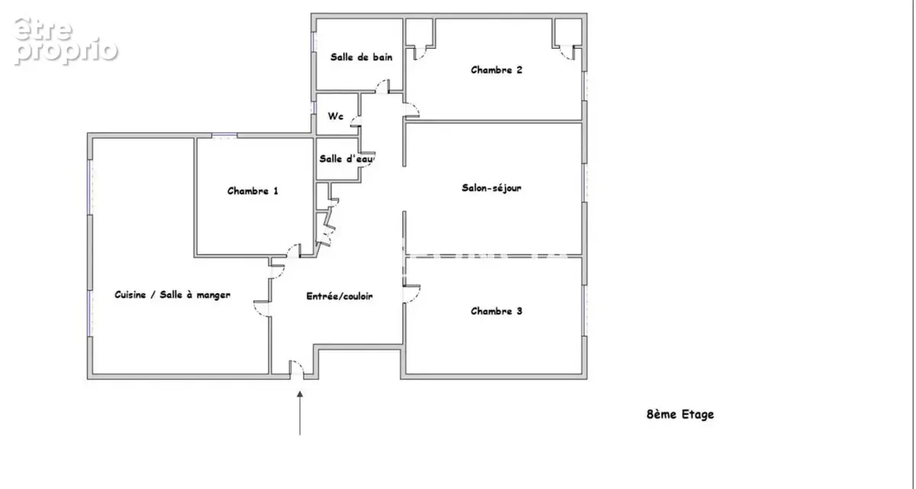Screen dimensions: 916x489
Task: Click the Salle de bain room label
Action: pyautogui.click(x=361, y=57)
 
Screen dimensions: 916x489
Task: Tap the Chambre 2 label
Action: pyautogui.click(x=496, y=70)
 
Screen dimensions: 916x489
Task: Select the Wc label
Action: pyautogui.click(x=335, y=116)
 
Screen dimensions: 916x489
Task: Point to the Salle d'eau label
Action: pyautogui.click(x=346, y=159)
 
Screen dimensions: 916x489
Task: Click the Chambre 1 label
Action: pyautogui.click(x=253, y=191)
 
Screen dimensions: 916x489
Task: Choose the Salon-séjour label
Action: pyautogui.click(x=492, y=188)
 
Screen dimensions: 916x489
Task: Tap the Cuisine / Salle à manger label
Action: pyautogui.click(x=173, y=295)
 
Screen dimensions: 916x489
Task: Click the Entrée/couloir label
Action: pyautogui.click(x=340, y=296)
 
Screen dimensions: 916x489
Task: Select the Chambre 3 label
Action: pyautogui.click(x=496, y=311)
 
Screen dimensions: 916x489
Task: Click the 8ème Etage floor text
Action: pyautogui.click(x=680, y=415)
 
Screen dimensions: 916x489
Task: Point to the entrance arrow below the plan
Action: pyautogui.click(x=300, y=413)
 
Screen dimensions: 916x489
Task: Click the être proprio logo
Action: pyautogui.click(x=66, y=41)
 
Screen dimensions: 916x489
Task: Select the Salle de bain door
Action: pyautogui.click(x=382, y=86)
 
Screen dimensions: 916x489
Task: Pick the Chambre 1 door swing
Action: pyautogui.click(x=293, y=251)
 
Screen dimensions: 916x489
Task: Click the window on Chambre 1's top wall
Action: pyautogui.click(x=224, y=135)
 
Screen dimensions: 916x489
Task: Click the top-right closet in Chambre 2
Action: pyautogui.click(x=568, y=32)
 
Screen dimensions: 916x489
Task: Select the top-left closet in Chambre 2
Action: pyautogui.click(x=419, y=32)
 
